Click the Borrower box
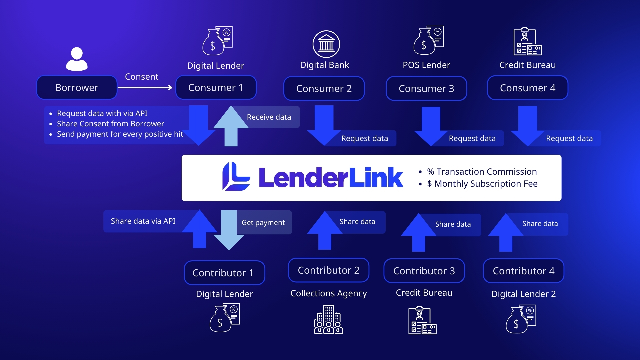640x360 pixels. point(77,88)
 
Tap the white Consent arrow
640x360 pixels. point(145,88)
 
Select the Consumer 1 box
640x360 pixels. point(216,88)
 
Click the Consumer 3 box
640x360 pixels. point(426,89)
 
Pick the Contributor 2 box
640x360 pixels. point(328,270)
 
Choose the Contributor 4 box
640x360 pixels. point(523,271)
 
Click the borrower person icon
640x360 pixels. point(77,59)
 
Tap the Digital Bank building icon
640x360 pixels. point(326,44)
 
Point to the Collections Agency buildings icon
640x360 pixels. point(328,320)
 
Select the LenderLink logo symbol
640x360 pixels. point(236,177)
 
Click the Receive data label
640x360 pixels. point(269,117)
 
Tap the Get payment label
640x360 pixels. point(263,223)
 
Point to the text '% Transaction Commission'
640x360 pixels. point(482,172)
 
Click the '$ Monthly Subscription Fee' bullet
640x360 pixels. point(482,184)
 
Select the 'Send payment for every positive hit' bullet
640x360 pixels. point(120,134)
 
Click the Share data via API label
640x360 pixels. point(143,221)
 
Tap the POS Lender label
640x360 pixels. point(426,65)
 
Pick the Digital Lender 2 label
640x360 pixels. point(523,294)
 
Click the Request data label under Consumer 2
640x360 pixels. point(364,138)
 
